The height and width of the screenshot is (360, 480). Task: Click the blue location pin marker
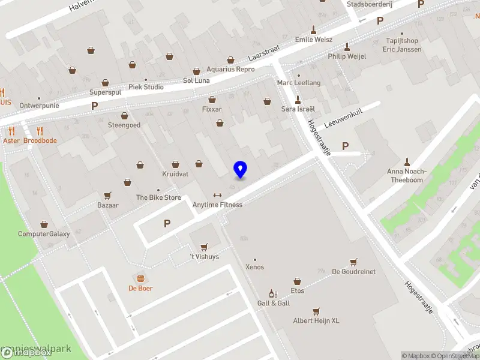tap(240, 169)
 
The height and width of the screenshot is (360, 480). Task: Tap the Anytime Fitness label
tap(217, 205)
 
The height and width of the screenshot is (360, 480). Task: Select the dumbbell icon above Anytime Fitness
tap(217, 195)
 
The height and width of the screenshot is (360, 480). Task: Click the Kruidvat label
tap(175, 174)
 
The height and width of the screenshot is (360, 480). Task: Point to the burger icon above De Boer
tap(140, 278)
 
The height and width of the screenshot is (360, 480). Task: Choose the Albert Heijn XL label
tap(316, 320)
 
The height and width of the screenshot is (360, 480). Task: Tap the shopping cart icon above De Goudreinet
tap(354, 262)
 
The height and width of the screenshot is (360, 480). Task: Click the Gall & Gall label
tap(274, 303)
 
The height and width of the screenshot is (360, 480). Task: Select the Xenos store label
tap(254, 267)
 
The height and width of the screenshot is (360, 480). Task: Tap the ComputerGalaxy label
tap(44, 234)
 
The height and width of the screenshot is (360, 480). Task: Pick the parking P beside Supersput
tap(94, 106)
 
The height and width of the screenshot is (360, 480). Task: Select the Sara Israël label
tap(298, 109)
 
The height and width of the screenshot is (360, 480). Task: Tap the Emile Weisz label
tap(313, 40)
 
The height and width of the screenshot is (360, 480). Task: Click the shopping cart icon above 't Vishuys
tap(204, 247)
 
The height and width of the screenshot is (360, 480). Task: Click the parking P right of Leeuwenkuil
tap(345, 146)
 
